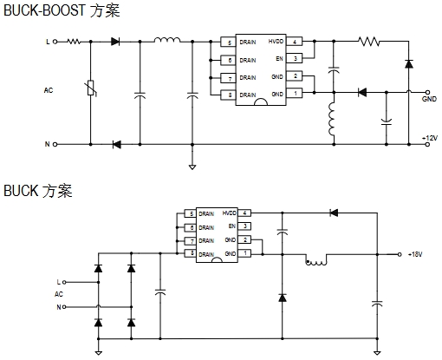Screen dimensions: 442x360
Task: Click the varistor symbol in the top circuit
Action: (91, 88)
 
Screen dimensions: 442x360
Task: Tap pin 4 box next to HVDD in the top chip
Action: (295, 42)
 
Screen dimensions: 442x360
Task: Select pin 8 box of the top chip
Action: (228, 95)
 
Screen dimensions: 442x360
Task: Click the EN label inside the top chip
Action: (279, 59)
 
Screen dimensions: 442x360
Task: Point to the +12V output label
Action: (430, 138)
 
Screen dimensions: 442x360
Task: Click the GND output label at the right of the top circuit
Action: (429, 99)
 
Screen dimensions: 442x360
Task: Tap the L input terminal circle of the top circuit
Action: (55, 42)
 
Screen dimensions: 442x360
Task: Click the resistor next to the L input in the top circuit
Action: (74, 42)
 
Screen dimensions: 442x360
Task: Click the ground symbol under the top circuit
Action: (192, 167)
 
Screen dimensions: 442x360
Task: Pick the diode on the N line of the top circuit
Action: (116, 144)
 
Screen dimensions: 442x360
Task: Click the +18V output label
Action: (415, 254)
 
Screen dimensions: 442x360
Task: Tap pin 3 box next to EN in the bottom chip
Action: (244, 226)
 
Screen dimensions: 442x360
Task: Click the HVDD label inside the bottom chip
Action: (229, 213)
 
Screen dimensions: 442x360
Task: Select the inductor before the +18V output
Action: (316, 260)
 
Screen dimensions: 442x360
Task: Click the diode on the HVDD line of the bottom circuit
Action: (334, 213)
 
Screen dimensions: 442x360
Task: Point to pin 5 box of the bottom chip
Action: (191, 214)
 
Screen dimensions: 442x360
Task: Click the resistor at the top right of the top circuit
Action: (369, 42)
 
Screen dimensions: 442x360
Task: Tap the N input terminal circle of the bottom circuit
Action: (64, 307)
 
